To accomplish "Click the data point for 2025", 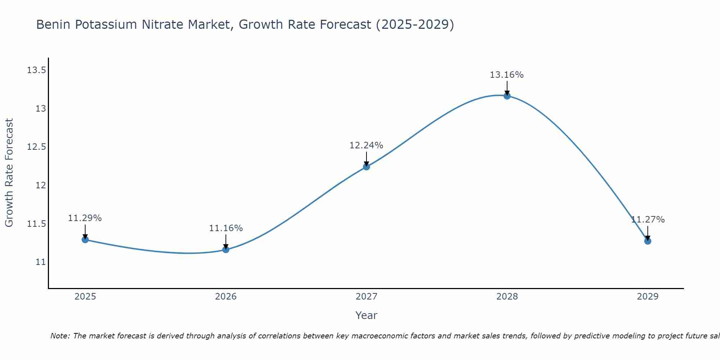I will pyautogui.click(x=85, y=239).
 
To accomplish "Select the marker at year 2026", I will pyautogui.click(x=226, y=249).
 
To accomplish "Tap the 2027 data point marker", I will pyautogui.click(x=366, y=167).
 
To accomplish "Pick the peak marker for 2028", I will pyautogui.click(x=507, y=96).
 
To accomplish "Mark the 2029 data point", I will pyautogui.click(x=648, y=241).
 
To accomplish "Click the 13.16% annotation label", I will pyautogui.click(x=507, y=75).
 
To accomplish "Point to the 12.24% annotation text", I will pyautogui.click(x=366, y=145).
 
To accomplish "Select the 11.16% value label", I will pyautogui.click(x=226, y=228).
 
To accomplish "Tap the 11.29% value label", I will pyautogui.click(x=85, y=218).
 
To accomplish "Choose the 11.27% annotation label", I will pyautogui.click(x=648, y=220).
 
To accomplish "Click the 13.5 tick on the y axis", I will pyautogui.click(x=37, y=70).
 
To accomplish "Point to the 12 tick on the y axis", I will pyautogui.click(x=41, y=185).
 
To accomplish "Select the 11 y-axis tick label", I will pyautogui.click(x=41, y=262).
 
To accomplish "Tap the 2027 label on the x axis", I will pyautogui.click(x=366, y=297).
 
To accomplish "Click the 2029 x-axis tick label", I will pyautogui.click(x=648, y=297).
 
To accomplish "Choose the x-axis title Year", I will pyautogui.click(x=366, y=315).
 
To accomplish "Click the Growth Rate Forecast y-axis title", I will pyautogui.click(x=9, y=173).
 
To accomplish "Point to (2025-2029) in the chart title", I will pyautogui.click(x=415, y=25).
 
